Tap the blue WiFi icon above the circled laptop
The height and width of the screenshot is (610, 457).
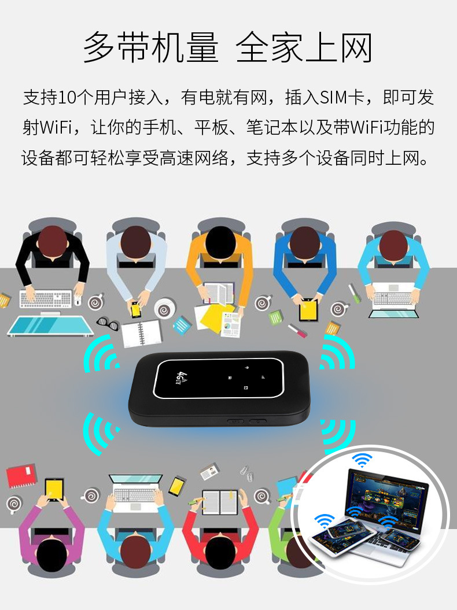click(363, 461)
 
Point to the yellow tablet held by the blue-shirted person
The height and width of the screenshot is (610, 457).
click(308, 310)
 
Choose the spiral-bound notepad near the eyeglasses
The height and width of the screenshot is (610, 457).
click(142, 333)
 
